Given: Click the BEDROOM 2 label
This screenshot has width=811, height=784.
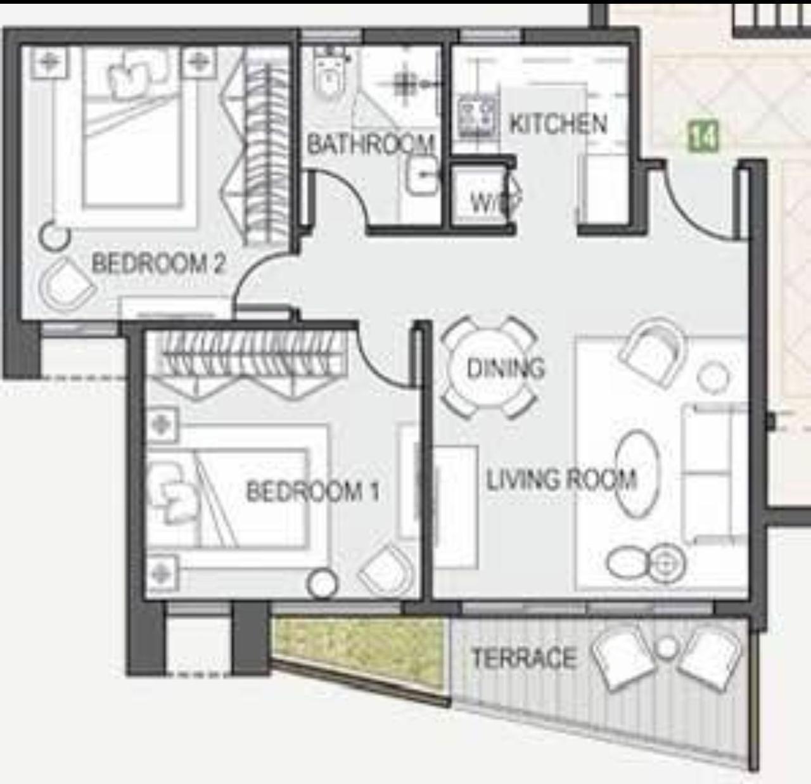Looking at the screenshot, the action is [x=159, y=264].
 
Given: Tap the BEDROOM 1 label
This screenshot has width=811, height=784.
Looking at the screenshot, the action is [x=312, y=491].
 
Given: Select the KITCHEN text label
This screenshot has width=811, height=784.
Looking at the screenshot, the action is [x=558, y=124].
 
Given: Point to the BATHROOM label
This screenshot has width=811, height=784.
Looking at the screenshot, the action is [x=371, y=144].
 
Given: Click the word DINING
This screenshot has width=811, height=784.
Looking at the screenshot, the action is [x=505, y=368].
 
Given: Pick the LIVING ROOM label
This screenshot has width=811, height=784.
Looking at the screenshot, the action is [x=562, y=479].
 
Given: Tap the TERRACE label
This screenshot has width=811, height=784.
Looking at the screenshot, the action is [x=524, y=658].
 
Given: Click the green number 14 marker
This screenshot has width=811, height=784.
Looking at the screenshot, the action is [x=703, y=136].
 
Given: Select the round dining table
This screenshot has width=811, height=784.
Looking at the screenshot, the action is [x=489, y=367].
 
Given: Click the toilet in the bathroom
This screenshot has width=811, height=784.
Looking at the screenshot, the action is [x=329, y=74].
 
